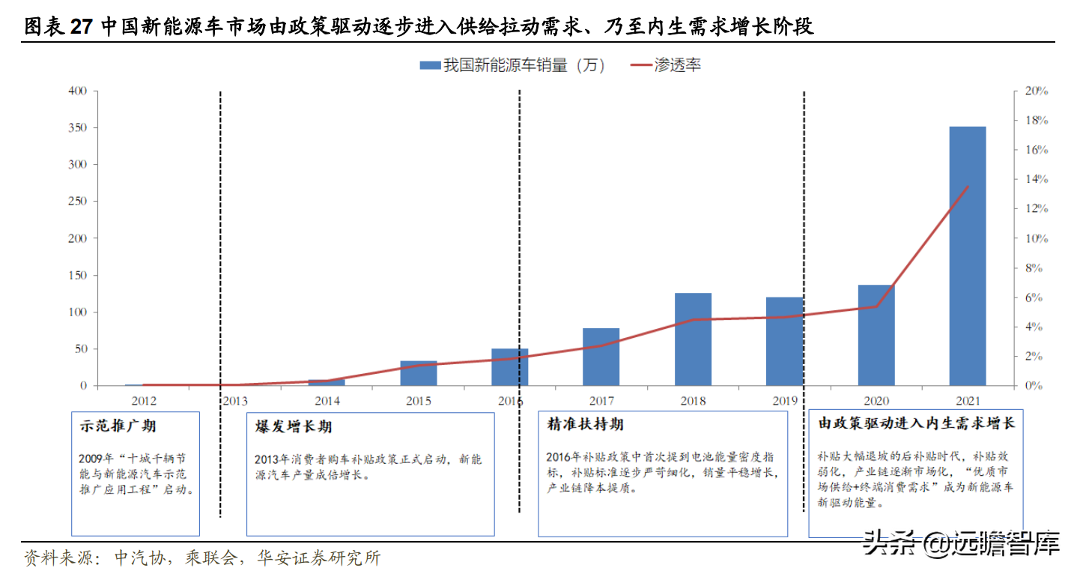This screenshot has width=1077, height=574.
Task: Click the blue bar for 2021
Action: point(968,256)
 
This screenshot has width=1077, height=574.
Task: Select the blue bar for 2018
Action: point(693,339)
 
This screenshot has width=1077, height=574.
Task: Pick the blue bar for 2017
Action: point(601,357)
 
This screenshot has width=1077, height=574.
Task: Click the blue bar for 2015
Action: point(418,373)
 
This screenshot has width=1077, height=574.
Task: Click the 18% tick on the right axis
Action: point(1036,121)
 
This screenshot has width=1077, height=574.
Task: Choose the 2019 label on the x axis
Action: point(785,401)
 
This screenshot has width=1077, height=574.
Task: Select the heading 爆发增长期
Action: point(294,427)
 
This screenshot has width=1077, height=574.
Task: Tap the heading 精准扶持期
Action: point(586,425)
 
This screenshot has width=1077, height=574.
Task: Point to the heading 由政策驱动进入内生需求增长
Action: point(916,423)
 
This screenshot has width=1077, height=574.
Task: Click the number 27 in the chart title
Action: point(81,28)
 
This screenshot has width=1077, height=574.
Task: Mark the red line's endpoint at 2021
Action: point(968,187)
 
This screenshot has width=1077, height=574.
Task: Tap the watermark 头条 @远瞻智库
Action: point(962,543)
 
